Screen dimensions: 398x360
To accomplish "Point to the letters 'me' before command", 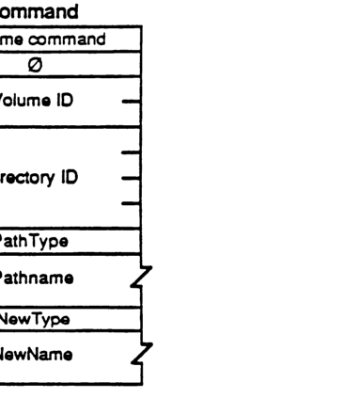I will (13, 39).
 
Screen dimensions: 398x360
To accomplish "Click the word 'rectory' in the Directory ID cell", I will (24, 176).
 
